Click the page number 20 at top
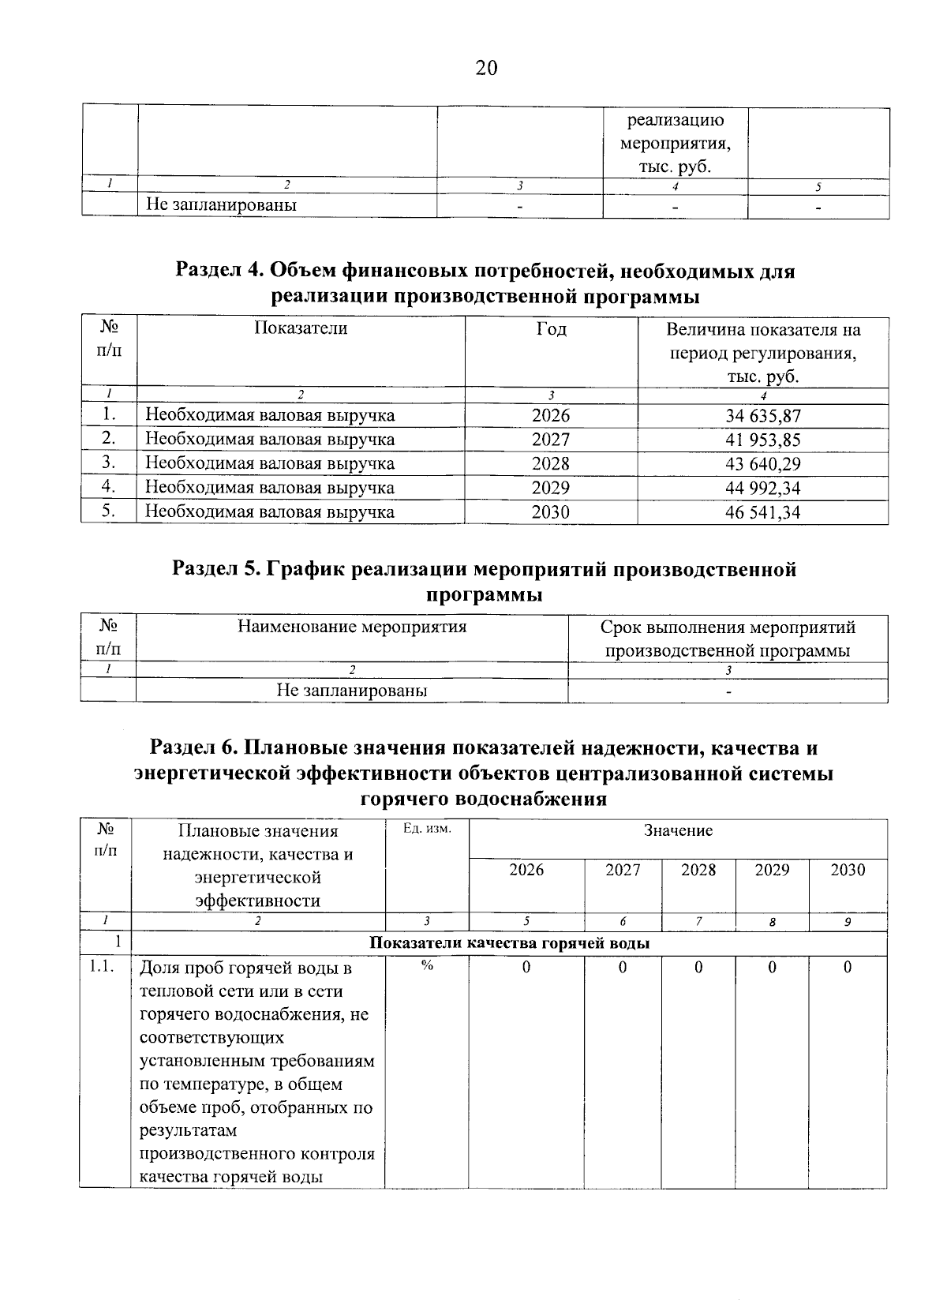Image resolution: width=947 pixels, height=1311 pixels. coord(486,69)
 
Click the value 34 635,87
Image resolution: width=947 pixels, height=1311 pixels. coord(762,415)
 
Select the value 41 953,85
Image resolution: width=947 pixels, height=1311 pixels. coord(762,440)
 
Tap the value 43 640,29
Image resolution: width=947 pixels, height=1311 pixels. coord(762,463)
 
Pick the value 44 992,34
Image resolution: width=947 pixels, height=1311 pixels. coord(762,488)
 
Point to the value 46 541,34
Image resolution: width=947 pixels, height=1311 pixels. coord(762,512)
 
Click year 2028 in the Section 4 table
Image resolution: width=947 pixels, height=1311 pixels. coord(550,463)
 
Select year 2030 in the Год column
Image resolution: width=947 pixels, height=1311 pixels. coord(550,512)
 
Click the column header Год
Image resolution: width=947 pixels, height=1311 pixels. coord(550,329)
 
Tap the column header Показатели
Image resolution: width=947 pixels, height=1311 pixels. coord(301,328)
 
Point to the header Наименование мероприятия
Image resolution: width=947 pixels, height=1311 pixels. coord(352,627)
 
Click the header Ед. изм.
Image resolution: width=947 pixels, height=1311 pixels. coord(427,830)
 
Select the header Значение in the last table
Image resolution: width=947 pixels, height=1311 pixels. coord(678,830)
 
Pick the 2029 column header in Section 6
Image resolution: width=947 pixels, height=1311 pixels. coord(772,870)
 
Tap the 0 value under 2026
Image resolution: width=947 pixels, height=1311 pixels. coord(526,968)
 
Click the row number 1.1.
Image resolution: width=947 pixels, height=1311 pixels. coord(104,968)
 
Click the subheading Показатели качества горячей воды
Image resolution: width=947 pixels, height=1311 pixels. coord(510,943)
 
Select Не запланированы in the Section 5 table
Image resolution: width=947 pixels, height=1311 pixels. coord(352,691)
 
